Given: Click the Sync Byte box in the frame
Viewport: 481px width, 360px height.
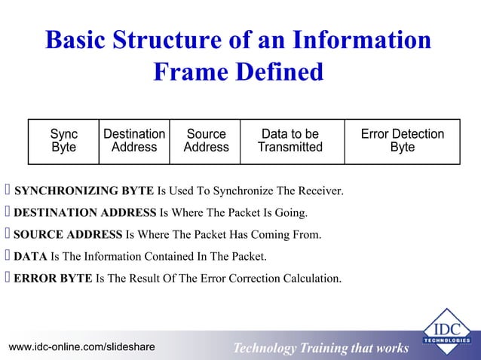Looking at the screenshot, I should (63, 141).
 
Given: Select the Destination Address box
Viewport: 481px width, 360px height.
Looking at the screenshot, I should (134, 141).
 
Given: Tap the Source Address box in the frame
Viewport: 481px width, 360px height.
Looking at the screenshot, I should (206, 141).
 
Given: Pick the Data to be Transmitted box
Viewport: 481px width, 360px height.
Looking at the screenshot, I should (290, 141).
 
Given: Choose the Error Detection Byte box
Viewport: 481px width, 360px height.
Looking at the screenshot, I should (402, 141).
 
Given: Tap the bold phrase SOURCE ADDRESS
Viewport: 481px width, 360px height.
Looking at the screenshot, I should (68, 235).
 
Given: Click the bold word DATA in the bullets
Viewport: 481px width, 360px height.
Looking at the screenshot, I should (31, 257).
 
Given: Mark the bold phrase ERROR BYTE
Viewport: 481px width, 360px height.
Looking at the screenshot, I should (54, 279).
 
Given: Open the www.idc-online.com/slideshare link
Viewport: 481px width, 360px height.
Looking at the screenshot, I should (81, 346).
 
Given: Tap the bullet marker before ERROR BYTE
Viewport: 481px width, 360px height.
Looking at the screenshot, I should (8, 279).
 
